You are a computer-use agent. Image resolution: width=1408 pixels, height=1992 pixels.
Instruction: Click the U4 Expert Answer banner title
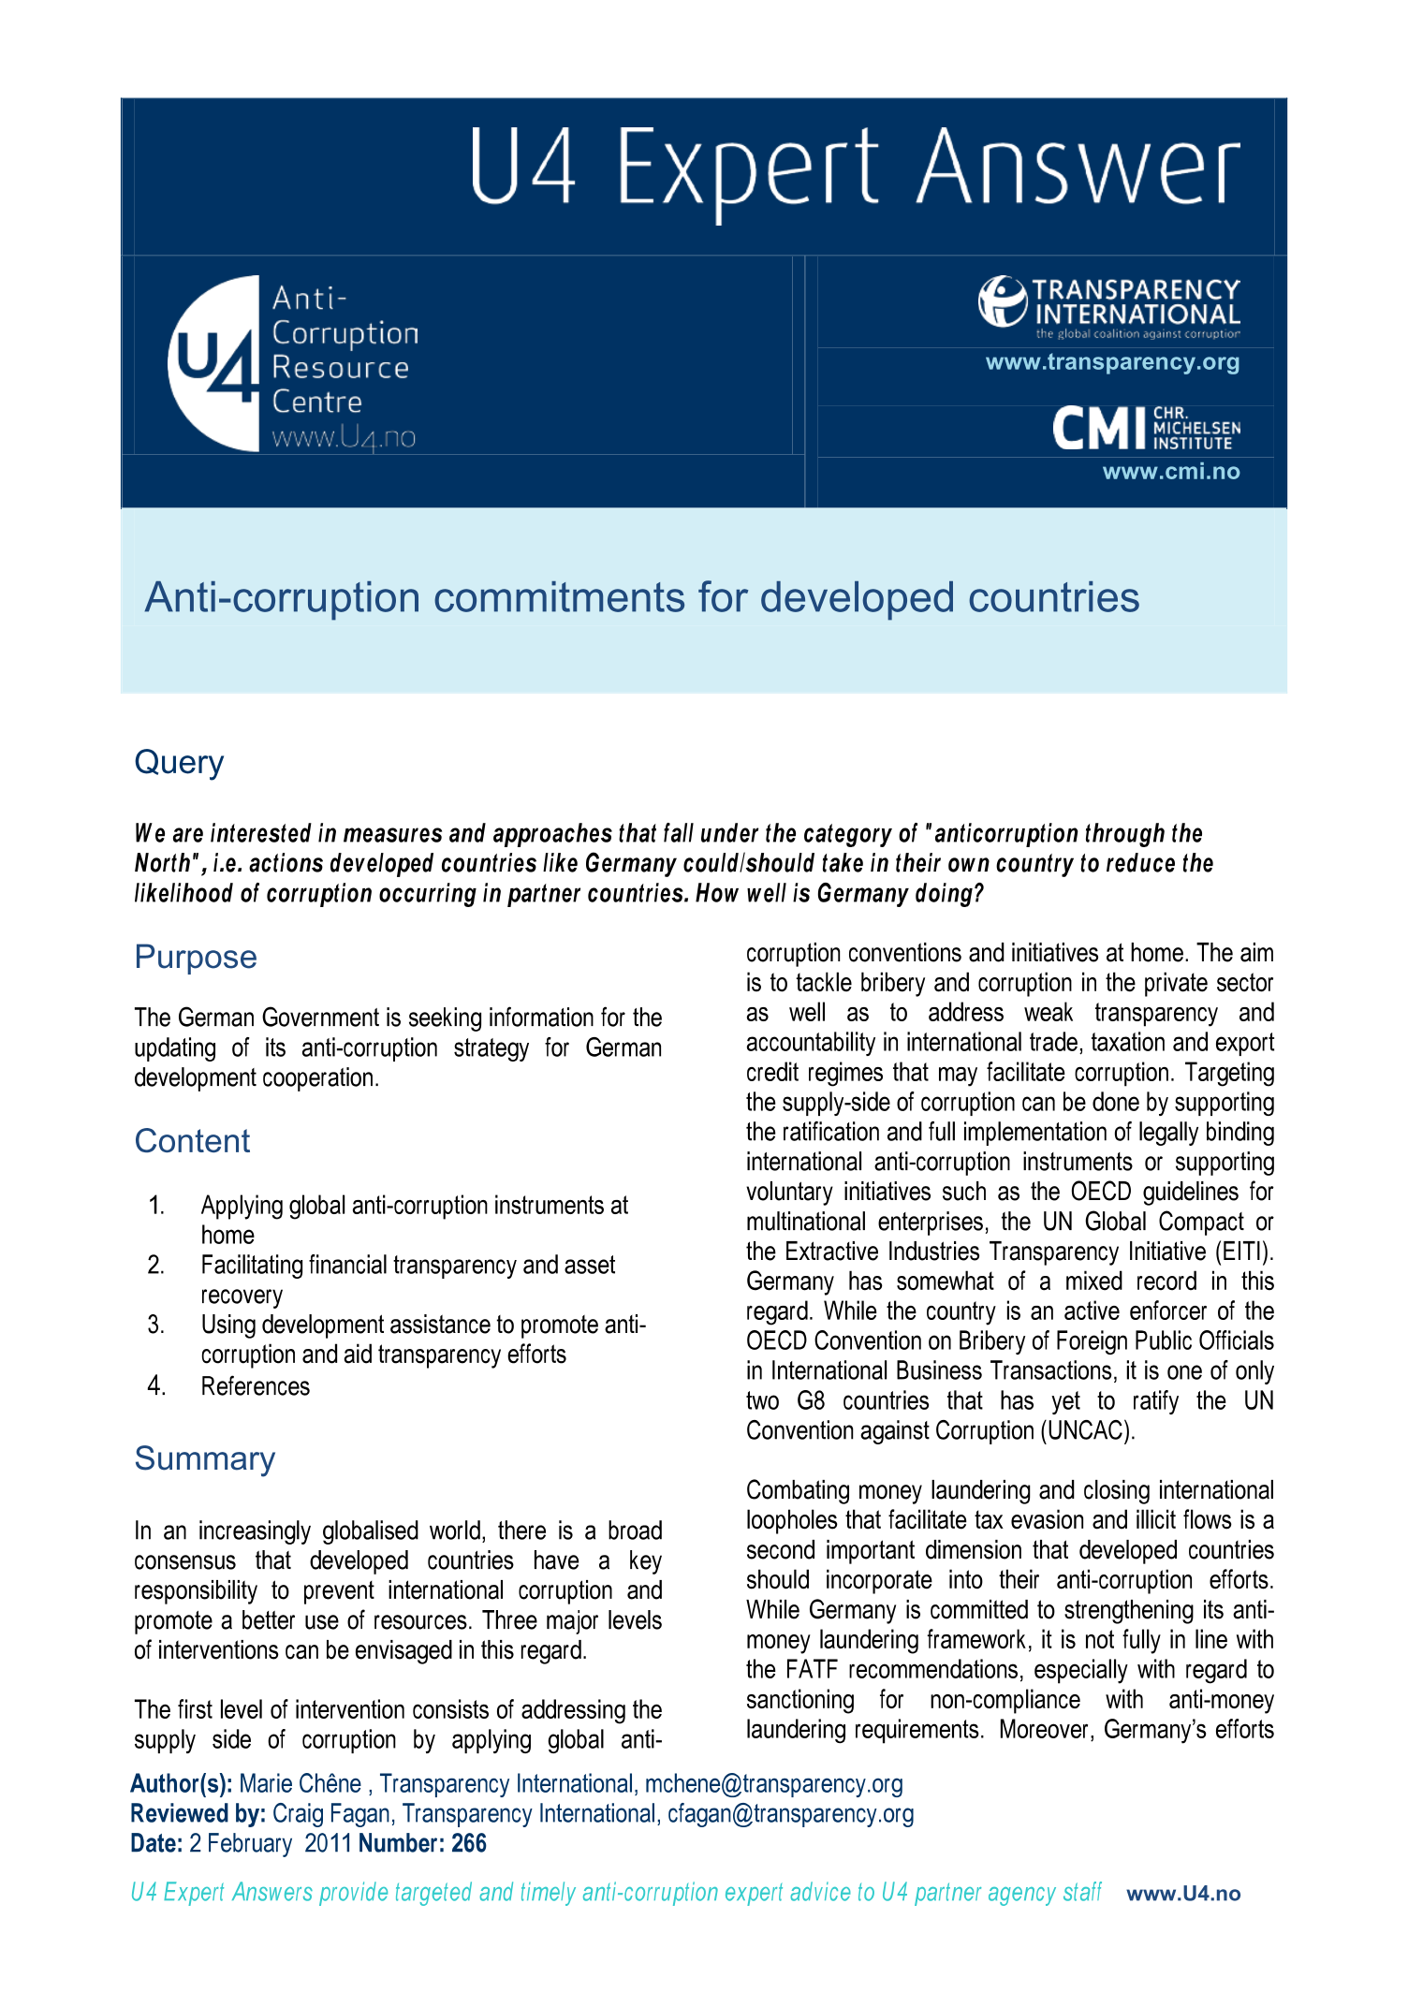(x=854, y=168)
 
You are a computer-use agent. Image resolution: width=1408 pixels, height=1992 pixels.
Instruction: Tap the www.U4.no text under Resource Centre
(x=344, y=437)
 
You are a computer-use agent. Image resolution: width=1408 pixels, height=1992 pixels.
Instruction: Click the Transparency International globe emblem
(x=1003, y=300)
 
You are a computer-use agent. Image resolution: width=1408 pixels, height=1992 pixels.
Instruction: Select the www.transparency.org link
(x=1112, y=362)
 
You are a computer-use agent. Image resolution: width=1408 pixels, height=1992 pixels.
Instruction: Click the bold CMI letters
(x=1098, y=429)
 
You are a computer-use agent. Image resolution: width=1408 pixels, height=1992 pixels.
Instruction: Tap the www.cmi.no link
(x=1170, y=472)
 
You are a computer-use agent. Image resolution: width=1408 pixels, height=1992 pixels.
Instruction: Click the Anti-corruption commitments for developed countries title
(x=641, y=597)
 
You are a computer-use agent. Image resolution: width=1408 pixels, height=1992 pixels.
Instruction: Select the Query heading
(x=179, y=762)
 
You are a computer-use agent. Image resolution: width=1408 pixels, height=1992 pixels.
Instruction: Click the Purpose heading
(x=195, y=957)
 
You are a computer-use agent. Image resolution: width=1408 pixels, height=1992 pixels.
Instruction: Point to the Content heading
(x=192, y=1141)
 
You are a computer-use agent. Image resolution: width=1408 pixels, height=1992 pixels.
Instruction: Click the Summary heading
(x=204, y=1458)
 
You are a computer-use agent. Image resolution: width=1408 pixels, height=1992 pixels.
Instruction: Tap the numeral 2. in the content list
(x=156, y=1266)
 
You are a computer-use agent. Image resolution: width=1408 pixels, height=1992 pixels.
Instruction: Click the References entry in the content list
(x=255, y=1386)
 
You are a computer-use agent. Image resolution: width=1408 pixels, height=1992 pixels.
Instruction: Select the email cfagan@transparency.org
(x=790, y=1814)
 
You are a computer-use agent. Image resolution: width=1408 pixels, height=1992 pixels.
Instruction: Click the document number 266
(x=469, y=1844)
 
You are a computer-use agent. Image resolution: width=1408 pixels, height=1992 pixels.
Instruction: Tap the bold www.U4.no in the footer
(x=1183, y=1894)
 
